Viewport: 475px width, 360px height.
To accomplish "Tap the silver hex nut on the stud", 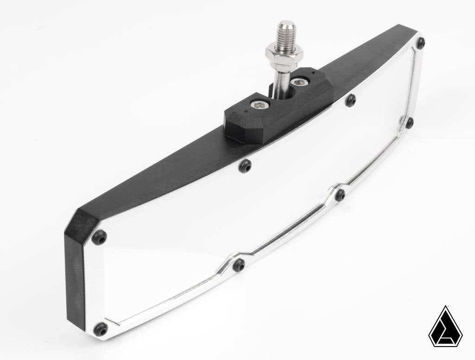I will pos(284,53).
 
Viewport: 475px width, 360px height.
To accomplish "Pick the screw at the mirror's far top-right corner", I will pos(421,43).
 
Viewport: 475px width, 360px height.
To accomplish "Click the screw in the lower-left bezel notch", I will pos(239,265).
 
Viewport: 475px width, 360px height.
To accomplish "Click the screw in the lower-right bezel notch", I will pos(340,195).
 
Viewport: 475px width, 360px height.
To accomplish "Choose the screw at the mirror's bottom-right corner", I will pos(409,122).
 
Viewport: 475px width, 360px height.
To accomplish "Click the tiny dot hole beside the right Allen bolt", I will pos(315,73).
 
